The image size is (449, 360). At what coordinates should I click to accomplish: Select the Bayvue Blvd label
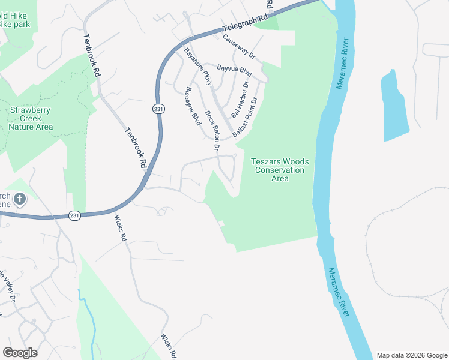click(234, 70)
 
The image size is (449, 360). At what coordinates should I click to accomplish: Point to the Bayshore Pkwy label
click(198, 66)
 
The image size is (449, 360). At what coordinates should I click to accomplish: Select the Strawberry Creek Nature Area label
click(31, 118)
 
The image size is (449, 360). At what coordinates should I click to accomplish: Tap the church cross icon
click(20, 199)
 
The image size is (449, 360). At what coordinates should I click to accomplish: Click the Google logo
click(20, 353)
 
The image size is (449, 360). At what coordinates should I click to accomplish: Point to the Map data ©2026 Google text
click(411, 355)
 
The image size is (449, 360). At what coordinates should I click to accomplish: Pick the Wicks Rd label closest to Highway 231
click(121, 229)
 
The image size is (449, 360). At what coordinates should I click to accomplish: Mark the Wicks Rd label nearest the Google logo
click(167, 344)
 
